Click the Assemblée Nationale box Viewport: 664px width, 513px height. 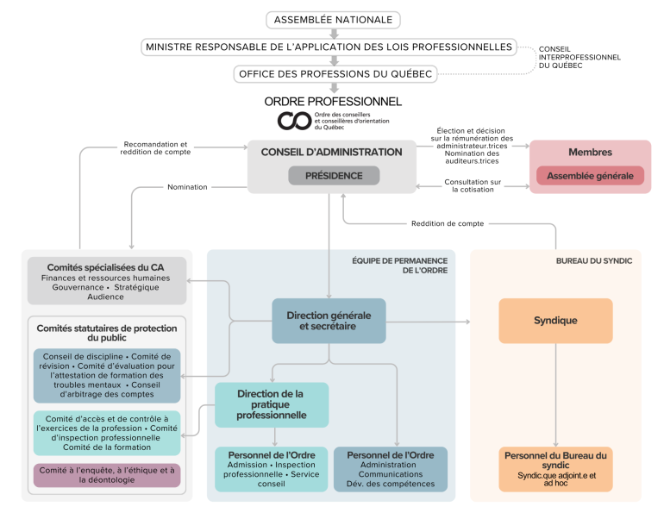333,19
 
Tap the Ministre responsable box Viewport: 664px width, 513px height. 329,47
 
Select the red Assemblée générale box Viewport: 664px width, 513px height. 590,176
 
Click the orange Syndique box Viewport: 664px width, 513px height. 555,321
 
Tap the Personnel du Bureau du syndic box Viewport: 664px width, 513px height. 555,468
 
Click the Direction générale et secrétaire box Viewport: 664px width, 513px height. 329,321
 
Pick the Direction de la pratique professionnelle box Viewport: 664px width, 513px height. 272,404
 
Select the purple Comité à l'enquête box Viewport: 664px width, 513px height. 107,475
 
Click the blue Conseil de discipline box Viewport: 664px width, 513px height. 107,375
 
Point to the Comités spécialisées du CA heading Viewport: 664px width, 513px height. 105,267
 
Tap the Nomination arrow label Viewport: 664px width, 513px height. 187,186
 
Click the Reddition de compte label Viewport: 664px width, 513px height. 448,223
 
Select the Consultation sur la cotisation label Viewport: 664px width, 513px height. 473,185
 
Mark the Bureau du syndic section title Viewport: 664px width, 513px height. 594,260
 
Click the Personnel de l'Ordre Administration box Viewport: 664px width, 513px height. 391,468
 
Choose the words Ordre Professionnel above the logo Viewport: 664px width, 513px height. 333,102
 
